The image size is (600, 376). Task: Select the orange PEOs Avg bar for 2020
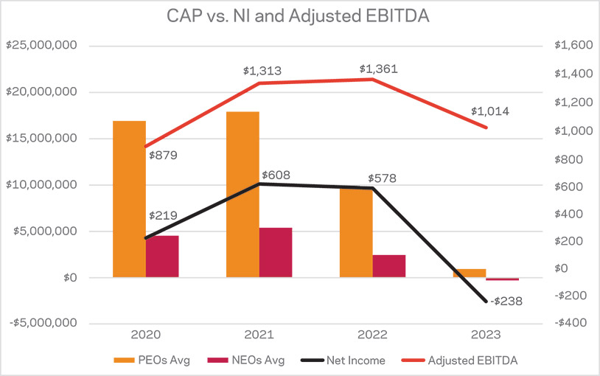click(129, 199)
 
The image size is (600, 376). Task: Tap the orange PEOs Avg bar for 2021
click(243, 195)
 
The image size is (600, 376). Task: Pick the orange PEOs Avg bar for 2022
click(356, 232)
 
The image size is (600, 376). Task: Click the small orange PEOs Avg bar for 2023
click(470, 273)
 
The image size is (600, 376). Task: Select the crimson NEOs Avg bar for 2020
click(161, 257)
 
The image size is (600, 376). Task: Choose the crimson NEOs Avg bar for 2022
click(389, 266)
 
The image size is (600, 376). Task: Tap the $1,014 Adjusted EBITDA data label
click(490, 112)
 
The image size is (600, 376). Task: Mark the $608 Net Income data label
click(276, 175)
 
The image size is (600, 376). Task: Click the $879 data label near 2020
click(164, 156)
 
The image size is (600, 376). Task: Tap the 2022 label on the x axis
click(372, 334)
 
